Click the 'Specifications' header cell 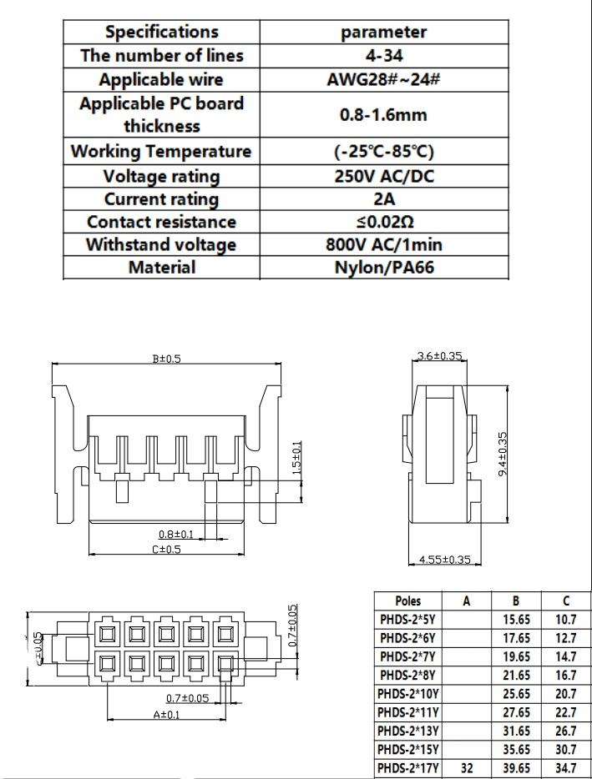[161, 32]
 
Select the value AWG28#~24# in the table [383, 80]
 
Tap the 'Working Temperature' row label [161, 152]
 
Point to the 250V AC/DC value [383, 176]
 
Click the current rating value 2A [383, 199]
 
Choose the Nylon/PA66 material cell [383, 267]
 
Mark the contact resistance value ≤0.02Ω [383, 222]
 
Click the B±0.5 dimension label [166, 359]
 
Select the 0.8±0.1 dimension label [176, 534]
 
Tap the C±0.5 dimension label [167, 549]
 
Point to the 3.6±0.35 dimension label [439, 356]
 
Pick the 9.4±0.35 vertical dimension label [503, 455]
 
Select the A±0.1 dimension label [167, 715]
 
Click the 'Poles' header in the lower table [407, 601]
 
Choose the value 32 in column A [467, 767]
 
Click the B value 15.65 [517, 619]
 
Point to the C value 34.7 [566, 767]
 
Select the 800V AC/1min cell [383, 244]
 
